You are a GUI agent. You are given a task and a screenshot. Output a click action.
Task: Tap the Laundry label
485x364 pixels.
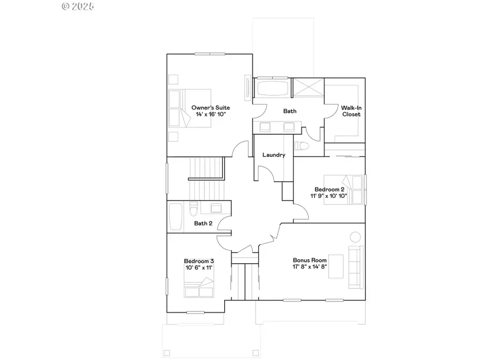(x=274, y=155)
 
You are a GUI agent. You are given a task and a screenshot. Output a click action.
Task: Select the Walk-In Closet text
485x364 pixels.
(x=351, y=111)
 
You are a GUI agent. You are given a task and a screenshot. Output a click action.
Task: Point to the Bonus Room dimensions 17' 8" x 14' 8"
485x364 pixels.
(x=310, y=266)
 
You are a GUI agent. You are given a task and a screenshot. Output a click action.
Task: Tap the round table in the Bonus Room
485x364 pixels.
(x=355, y=237)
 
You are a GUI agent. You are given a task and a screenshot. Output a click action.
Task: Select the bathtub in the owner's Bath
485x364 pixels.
(x=272, y=88)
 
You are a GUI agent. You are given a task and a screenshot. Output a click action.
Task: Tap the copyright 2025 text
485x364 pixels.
(x=78, y=6)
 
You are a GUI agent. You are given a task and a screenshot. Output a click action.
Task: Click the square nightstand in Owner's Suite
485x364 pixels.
(x=173, y=79)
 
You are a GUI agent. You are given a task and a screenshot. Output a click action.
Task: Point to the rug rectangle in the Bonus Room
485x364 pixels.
(x=336, y=266)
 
